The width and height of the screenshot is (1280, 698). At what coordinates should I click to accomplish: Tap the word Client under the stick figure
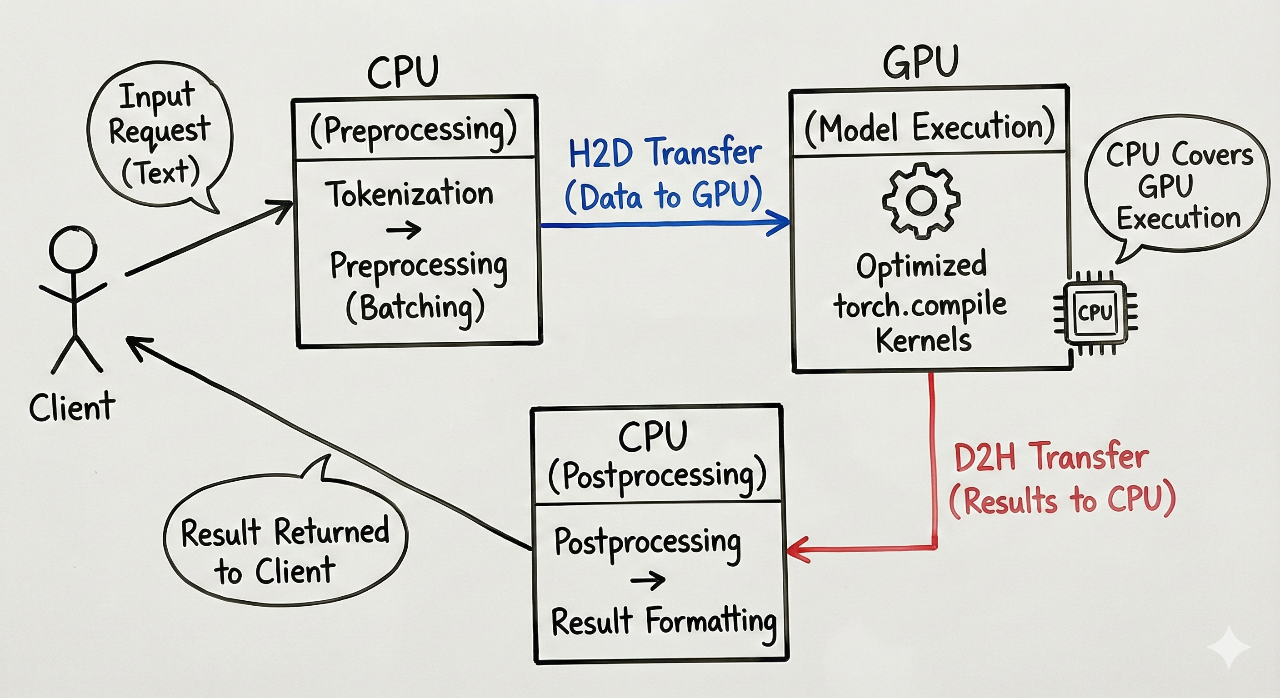coord(72,407)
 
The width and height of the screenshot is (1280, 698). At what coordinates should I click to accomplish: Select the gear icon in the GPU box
coord(921,201)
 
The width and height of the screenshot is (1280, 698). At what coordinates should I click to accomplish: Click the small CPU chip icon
coord(1095,313)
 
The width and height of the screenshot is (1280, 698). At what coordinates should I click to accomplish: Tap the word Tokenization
coord(409,194)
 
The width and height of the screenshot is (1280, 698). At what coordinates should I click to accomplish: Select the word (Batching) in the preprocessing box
coord(415,308)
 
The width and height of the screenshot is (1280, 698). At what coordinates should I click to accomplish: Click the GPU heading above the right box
coord(921,63)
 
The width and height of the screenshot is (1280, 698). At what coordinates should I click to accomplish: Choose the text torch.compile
coord(920,305)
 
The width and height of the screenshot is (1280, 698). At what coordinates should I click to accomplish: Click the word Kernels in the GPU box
coord(923,341)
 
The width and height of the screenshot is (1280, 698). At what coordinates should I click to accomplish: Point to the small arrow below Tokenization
coord(404,229)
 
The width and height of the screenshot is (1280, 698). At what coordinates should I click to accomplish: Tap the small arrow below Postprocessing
coord(647,580)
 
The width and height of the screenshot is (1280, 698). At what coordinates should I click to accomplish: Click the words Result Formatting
coord(664,622)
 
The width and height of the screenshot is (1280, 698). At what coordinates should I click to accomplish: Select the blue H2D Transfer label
coord(665,153)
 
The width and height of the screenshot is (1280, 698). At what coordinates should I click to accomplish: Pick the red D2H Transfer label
coord(1051,457)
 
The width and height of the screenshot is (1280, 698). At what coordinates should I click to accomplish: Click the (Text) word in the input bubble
coord(160,172)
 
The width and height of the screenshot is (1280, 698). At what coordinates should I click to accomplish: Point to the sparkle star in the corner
coord(1228,647)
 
